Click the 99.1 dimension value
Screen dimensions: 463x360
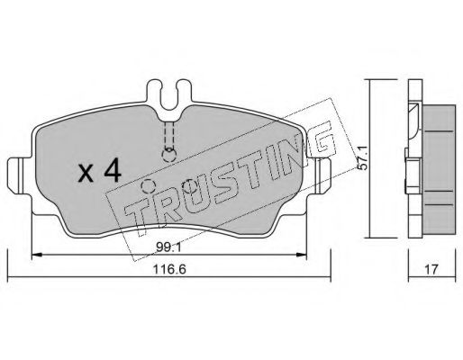pos(168,247)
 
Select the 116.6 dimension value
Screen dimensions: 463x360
pos(169,269)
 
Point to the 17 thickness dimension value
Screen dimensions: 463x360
pos(431,269)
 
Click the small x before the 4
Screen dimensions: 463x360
pos(86,175)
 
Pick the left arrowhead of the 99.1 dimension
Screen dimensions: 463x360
pos(36,255)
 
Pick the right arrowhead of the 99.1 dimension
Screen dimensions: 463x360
pos(301,255)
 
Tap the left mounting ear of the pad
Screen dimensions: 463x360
pos(19,176)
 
